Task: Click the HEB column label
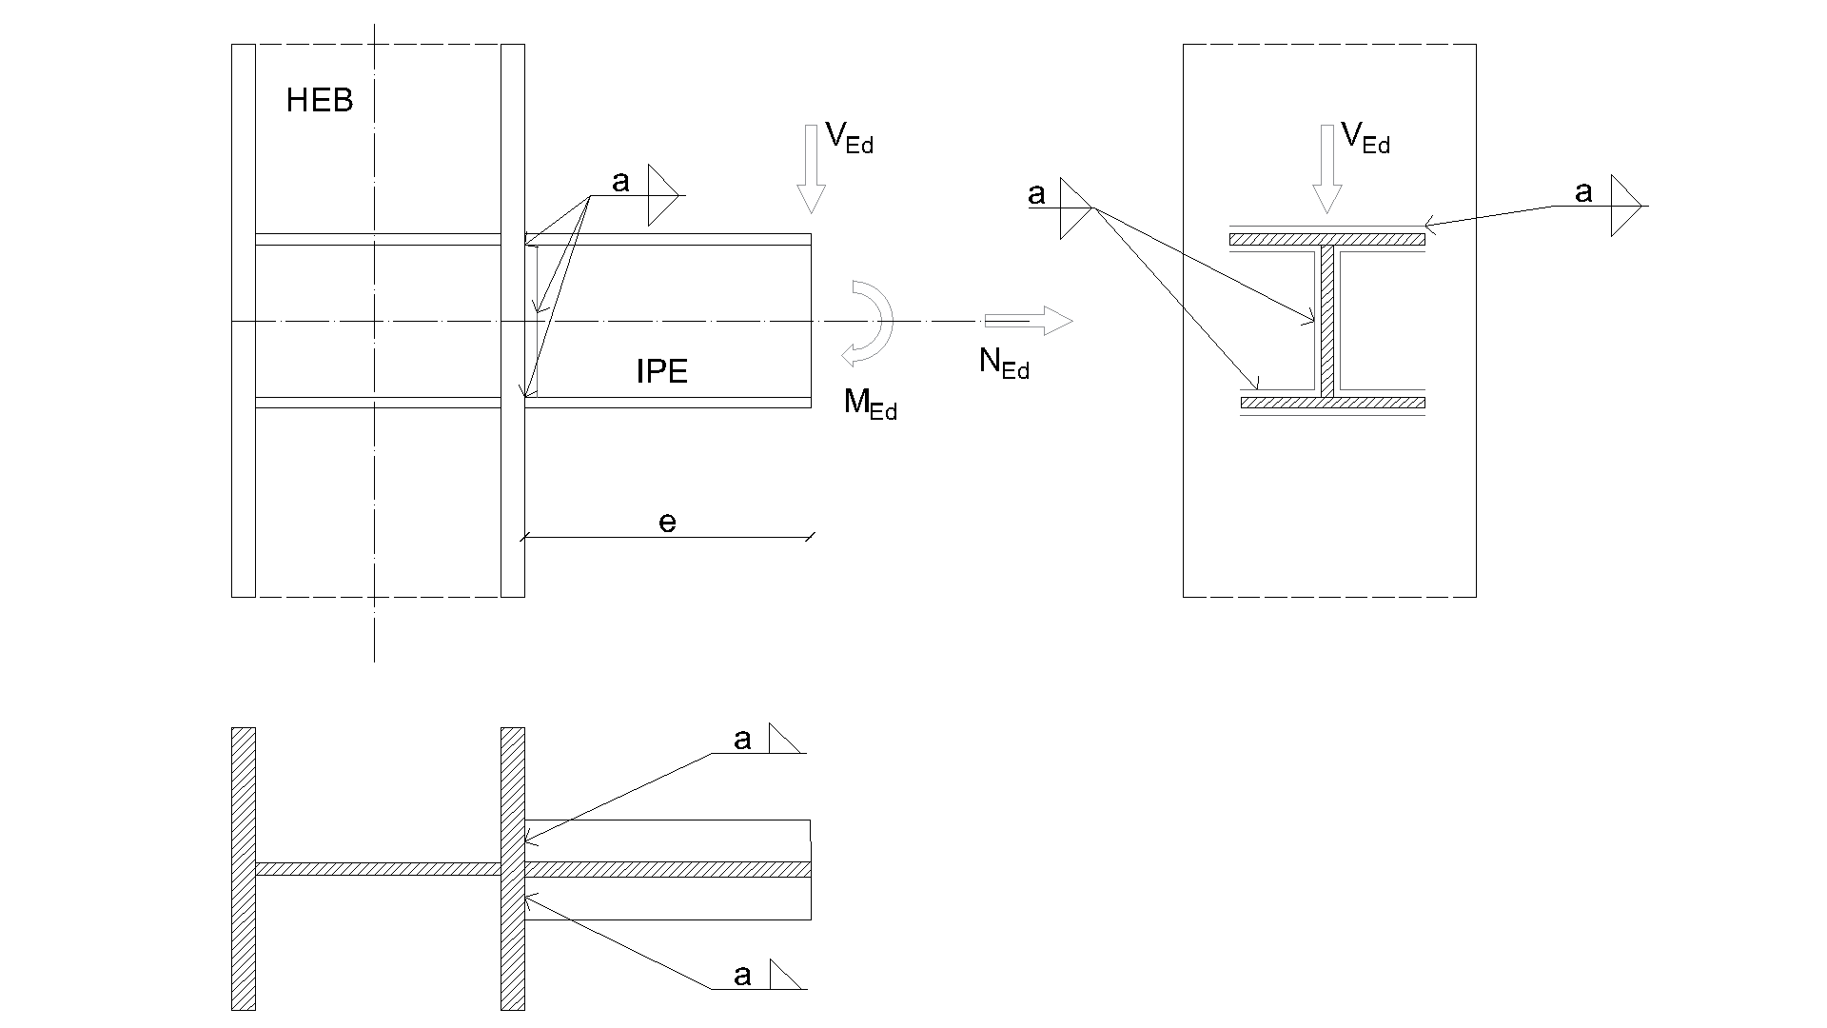320,101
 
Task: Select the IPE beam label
661,371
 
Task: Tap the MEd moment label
870,404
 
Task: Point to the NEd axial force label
1004,363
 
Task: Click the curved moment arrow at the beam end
870,323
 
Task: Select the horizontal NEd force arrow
1029,321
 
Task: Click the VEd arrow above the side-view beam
811,168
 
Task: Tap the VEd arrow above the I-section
1326,168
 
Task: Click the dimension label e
668,522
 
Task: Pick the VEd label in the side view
849,139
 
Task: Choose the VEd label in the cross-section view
1365,139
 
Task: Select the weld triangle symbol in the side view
662,195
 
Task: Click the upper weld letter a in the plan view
742,739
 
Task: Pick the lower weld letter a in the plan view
742,975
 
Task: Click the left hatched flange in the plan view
244,868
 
